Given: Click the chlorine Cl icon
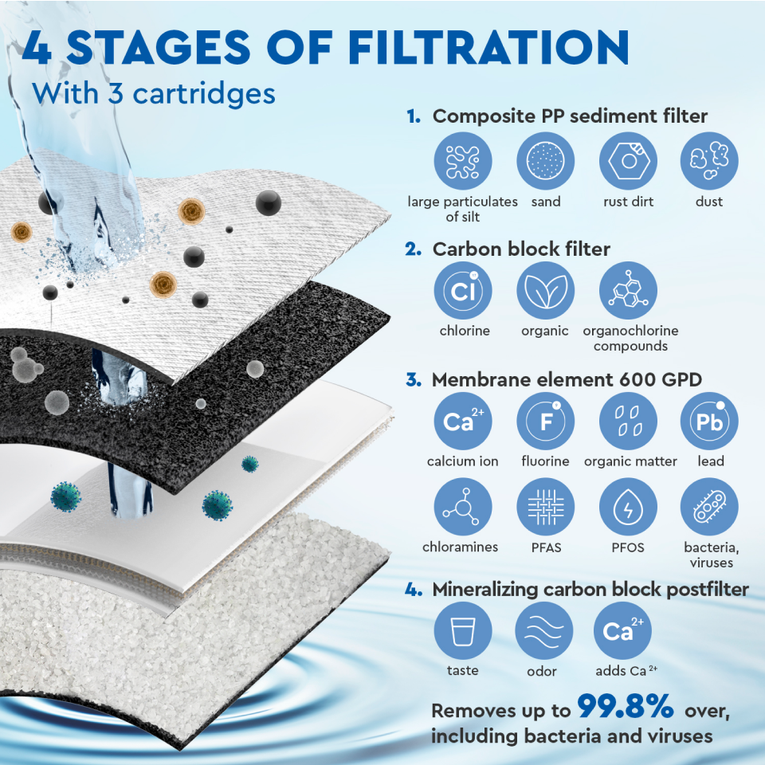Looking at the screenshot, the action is [x=463, y=290].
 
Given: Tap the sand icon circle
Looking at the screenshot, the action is [x=545, y=161].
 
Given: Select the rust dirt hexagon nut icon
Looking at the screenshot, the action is [x=628, y=161].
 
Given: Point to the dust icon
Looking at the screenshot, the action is [x=709, y=161].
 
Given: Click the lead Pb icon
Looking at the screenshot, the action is [x=709, y=421].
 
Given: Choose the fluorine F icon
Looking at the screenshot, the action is [x=545, y=421].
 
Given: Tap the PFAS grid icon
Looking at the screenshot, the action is [x=545, y=507].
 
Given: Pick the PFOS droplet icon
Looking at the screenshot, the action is [x=628, y=507].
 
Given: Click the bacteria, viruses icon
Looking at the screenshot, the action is [x=709, y=507].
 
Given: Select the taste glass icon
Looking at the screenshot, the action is [x=463, y=631].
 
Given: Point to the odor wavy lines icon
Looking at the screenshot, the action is [x=544, y=631].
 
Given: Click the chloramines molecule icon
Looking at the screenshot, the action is [x=463, y=507].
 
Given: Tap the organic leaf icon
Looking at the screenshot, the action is [x=545, y=290].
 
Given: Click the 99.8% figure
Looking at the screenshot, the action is [x=626, y=706].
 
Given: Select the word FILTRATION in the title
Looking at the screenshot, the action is [x=488, y=47].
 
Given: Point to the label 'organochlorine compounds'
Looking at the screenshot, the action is [x=630, y=338].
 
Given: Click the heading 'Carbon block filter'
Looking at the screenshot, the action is [x=521, y=249].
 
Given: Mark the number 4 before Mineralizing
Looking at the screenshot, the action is [x=413, y=590].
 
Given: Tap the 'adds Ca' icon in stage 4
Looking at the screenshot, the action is [x=622, y=631].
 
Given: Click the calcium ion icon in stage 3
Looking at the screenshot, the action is [x=463, y=421].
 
